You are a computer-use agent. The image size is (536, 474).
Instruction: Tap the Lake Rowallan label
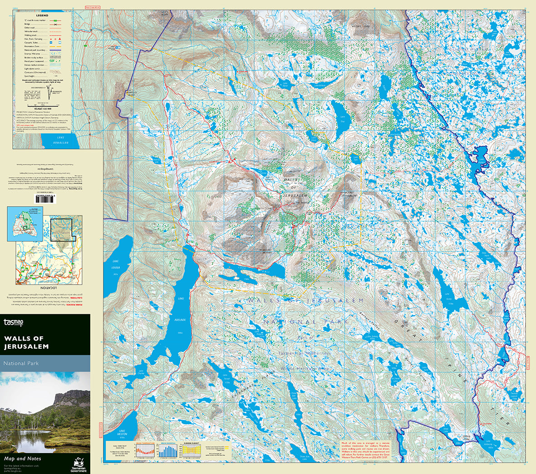pos(59,139)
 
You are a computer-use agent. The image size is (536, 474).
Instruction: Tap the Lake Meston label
pos(121,433)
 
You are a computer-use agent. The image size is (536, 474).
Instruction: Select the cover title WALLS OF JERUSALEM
pos(26,342)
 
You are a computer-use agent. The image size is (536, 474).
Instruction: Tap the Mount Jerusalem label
pos(347,195)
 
